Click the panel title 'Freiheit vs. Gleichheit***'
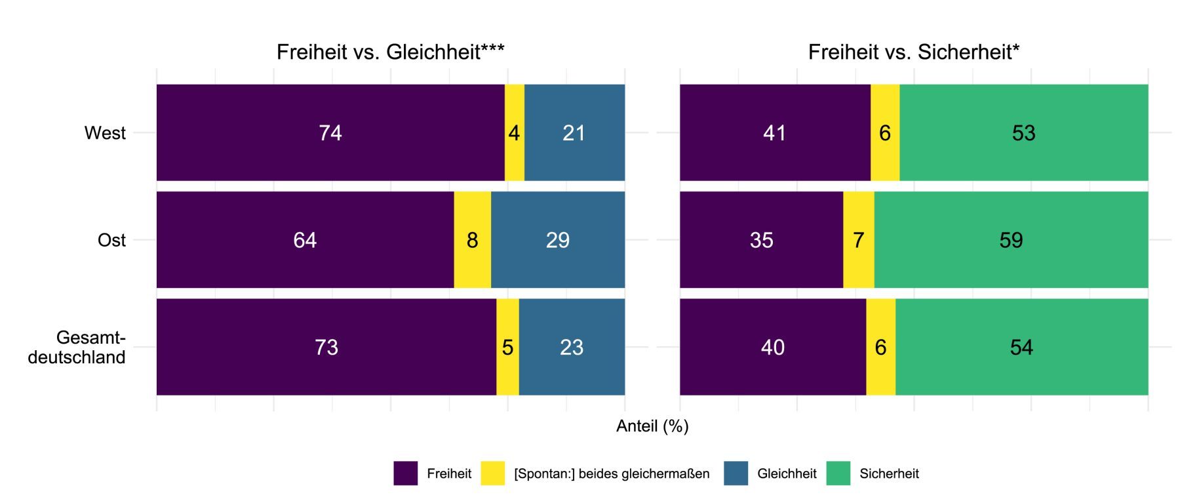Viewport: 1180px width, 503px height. [x=390, y=52]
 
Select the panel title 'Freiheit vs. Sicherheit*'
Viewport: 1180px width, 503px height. [x=913, y=52]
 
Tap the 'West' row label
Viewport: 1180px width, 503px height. [x=105, y=133]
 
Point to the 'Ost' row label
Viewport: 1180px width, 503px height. [x=111, y=240]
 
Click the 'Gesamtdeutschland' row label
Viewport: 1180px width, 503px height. [x=77, y=347]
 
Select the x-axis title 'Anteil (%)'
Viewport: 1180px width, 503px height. [x=652, y=426]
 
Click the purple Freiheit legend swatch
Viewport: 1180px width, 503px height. [x=405, y=473]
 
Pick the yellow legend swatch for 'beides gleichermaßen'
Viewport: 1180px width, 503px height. [x=492, y=473]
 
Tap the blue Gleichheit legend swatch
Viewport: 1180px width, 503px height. [x=736, y=473]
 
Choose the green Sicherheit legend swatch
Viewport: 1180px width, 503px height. [x=838, y=473]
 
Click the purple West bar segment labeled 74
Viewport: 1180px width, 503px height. [x=330, y=132]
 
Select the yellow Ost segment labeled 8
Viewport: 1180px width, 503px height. [x=472, y=240]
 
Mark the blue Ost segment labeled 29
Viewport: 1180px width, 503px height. [x=558, y=240]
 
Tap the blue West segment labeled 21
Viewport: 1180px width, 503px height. [x=574, y=132]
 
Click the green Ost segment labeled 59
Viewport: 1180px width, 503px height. [x=1011, y=240]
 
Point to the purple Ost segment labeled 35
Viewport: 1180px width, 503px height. [x=761, y=240]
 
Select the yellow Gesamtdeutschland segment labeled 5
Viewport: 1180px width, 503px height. [x=507, y=347]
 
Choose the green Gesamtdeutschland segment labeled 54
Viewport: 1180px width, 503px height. [x=1021, y=347]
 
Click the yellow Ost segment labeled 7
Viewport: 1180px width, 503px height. [x=858, y=240]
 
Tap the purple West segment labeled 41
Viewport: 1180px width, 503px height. [x=775, y=132]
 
